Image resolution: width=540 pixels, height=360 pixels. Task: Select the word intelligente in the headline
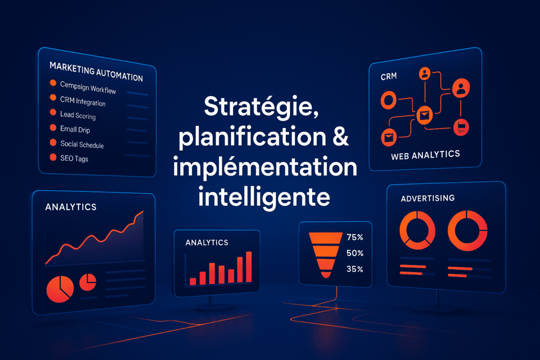[x=264, y=197]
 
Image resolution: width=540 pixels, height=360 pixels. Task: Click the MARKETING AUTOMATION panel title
[x=96, y=72]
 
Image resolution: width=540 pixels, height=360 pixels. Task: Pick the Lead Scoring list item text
[x=78, y=115]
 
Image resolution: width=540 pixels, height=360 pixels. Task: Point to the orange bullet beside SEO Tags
[x=53, y=157]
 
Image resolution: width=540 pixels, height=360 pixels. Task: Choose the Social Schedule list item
[x=82, y=144]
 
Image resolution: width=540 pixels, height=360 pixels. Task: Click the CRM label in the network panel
[x=389, y=76]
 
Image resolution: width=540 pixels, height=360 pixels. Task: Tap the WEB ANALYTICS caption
[x=426, y=155]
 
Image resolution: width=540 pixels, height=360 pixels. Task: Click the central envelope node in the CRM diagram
[x=425, y=115]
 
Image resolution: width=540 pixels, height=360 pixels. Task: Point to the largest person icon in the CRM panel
[x=461, y=88]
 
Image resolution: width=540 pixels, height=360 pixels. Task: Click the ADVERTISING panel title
[x=428, y=198]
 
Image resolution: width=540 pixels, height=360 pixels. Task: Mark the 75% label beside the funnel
[x=355, y=237]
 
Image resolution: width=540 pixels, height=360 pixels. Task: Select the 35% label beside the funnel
[x=355, y=269]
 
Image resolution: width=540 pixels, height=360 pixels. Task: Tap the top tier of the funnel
[x=325, y=238]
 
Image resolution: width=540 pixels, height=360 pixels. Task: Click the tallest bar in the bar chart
[x=249, y=267]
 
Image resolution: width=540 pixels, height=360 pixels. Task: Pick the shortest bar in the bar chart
[x=193, y=281]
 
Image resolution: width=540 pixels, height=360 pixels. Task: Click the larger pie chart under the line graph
[x=60, y=289]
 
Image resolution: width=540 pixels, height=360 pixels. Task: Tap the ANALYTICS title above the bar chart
[x=207, y=242]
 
